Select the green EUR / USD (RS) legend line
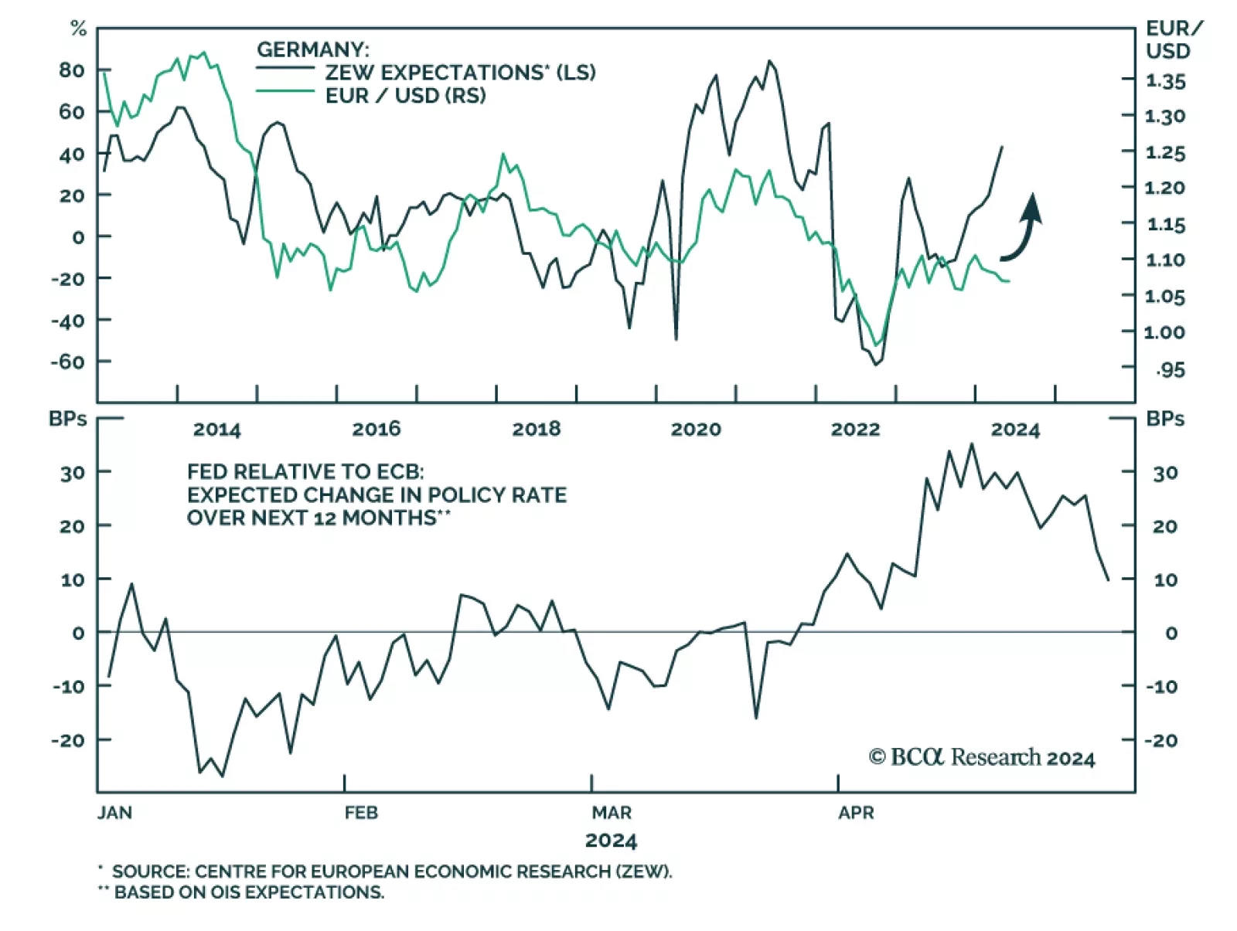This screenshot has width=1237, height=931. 285,92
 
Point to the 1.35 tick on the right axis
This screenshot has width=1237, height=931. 1165,81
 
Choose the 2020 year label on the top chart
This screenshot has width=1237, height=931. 695,430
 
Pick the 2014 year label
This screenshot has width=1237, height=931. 216,430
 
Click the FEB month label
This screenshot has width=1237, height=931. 361,813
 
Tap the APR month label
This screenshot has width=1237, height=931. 856,813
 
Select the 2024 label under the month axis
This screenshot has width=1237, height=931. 611,841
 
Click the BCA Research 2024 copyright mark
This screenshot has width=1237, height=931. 981,757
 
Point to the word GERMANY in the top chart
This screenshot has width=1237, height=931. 312,50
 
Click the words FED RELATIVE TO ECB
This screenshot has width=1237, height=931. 305,472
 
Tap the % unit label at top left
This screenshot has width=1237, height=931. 78,29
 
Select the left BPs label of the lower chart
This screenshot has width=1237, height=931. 68,419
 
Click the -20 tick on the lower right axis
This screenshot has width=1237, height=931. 1160,740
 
